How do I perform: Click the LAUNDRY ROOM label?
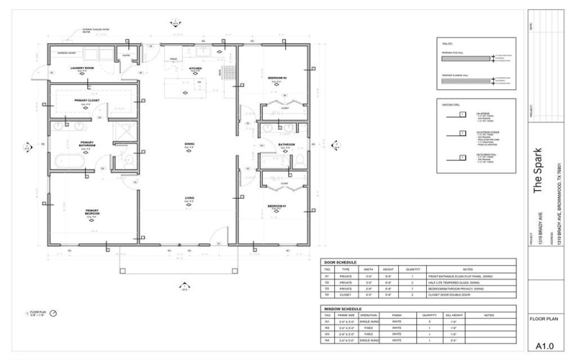(82, 68)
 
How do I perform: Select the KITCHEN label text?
(195, 68)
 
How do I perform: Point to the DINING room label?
(189, 144)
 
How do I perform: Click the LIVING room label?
(189, 197)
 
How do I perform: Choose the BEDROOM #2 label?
(277, 78)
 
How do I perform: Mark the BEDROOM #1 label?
(277, 206)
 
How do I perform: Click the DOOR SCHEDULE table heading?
(336, 262)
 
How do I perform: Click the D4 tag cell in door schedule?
(327, 294)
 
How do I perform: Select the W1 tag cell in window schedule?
(327, 322)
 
